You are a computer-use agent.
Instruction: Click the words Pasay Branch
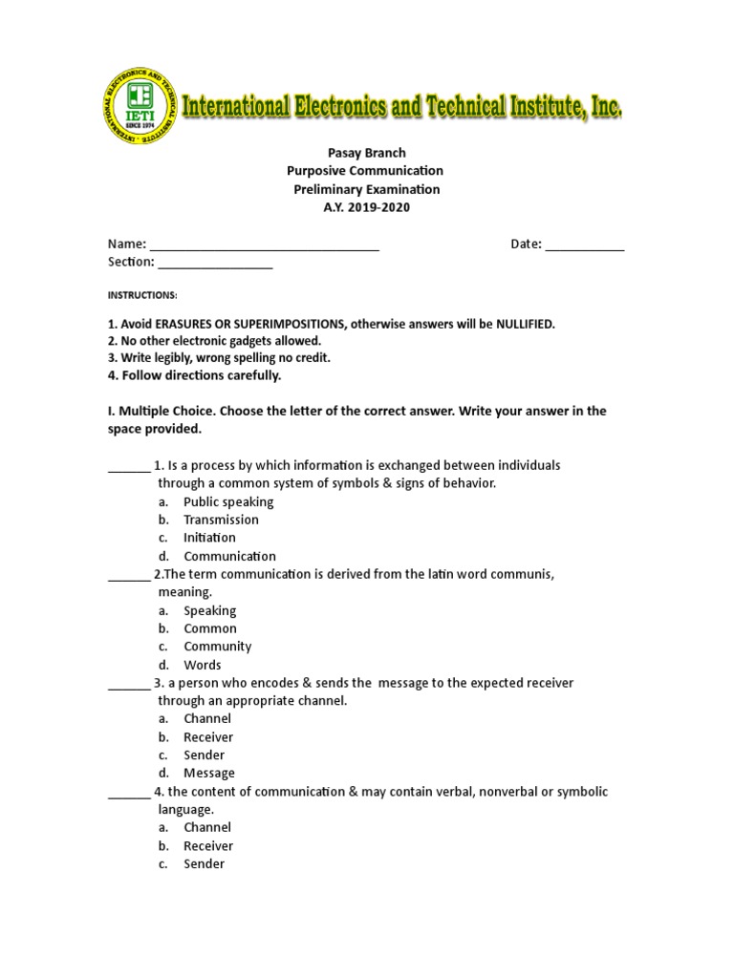(367, 153)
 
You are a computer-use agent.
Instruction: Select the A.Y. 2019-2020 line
(367, 207)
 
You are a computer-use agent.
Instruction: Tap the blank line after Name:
(265, 246)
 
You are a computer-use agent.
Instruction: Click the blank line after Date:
(585, 246)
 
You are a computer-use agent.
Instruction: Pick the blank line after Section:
(215, 265)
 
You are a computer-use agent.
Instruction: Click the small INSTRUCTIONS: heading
(142, 295)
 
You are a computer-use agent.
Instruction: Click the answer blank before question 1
(128, 468)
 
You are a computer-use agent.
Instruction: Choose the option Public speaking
(228, 501)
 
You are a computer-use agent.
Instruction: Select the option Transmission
(221, 520)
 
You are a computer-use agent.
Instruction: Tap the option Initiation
(209, 538)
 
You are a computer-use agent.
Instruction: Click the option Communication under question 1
(229, 556)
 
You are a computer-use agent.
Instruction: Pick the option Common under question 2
(210, 628)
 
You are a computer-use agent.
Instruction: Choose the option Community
(217, 647)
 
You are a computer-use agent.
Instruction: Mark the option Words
(203, 665)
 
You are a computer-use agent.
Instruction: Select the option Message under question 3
(209, 773)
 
